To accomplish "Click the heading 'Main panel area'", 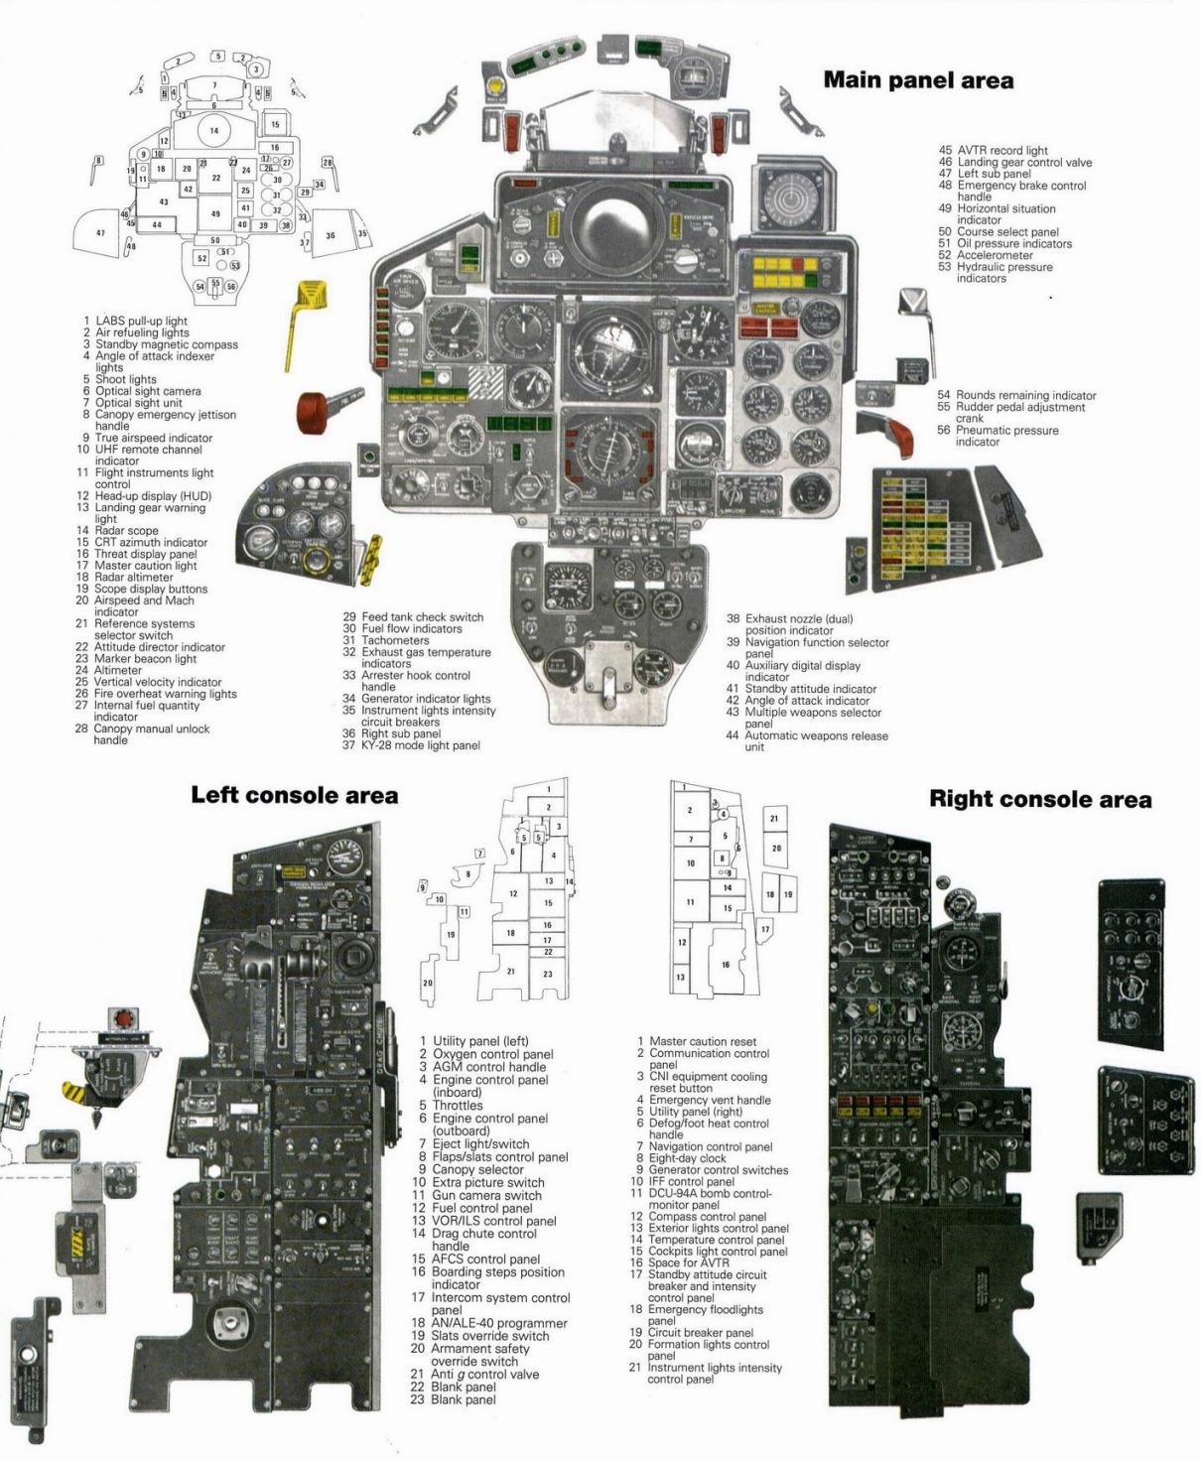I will tap(918, 80).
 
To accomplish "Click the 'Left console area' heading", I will tap(294, 795).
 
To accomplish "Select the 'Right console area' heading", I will tap(1040, 799).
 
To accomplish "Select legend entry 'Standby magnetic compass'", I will tap(166, 344).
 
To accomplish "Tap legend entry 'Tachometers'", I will tap(394, 640).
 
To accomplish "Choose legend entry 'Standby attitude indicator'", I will tap(810, 689).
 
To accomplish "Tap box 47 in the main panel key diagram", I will tap(101, 232).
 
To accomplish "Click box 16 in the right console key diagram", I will tap(726, 964).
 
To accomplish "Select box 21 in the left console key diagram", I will tap(511, 971).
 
